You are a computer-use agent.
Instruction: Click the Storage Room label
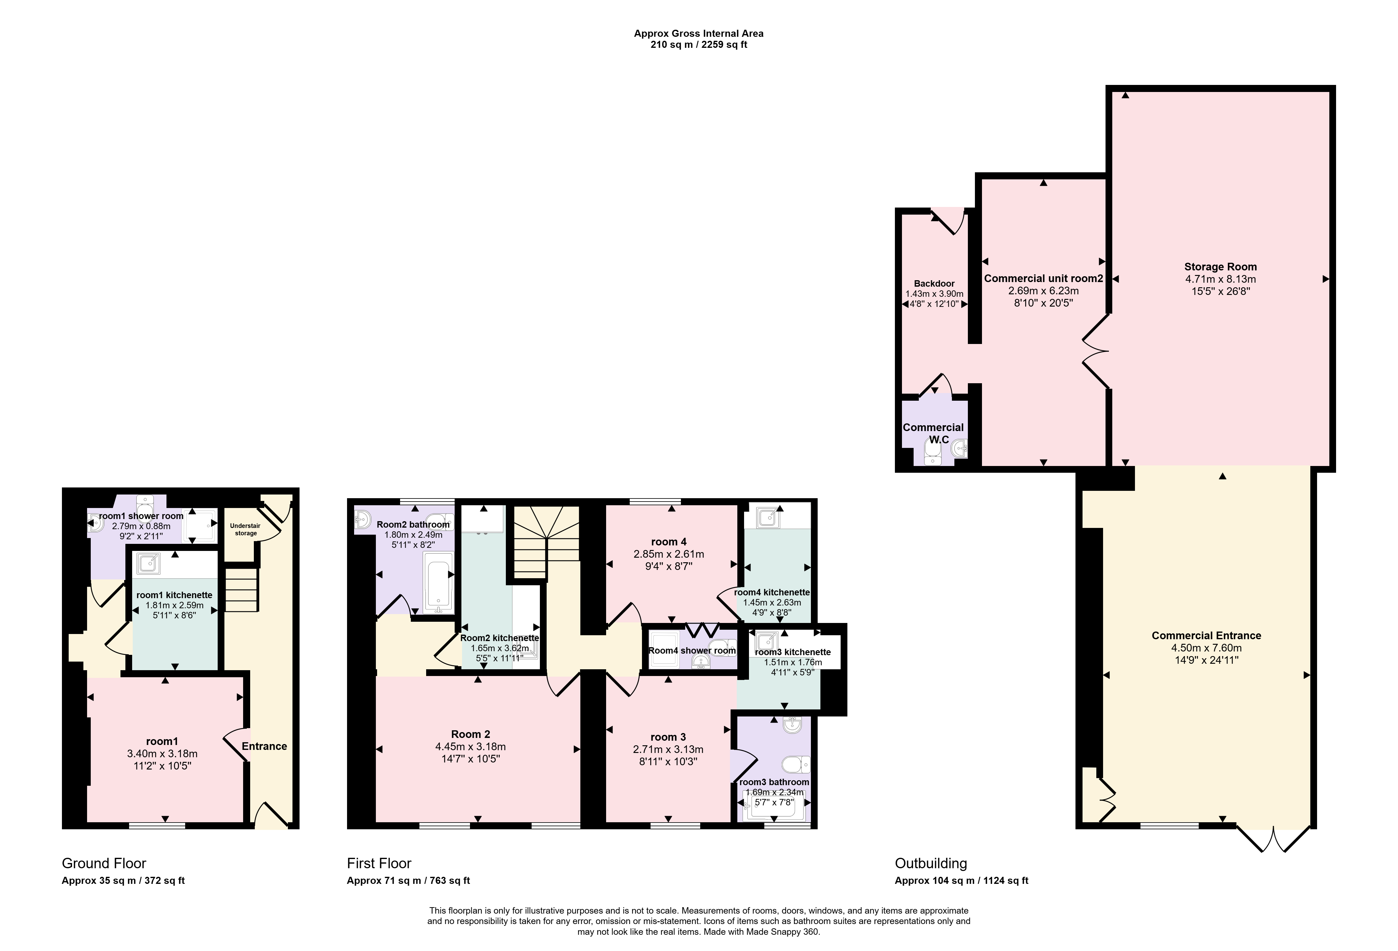pos(1220,266)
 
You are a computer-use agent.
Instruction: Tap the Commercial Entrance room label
pos(1206,635)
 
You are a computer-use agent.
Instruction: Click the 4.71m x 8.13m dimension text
pos(1220,279)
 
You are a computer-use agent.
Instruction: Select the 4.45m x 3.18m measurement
pos(470,747)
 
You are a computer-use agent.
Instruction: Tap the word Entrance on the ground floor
pos(264,747)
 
